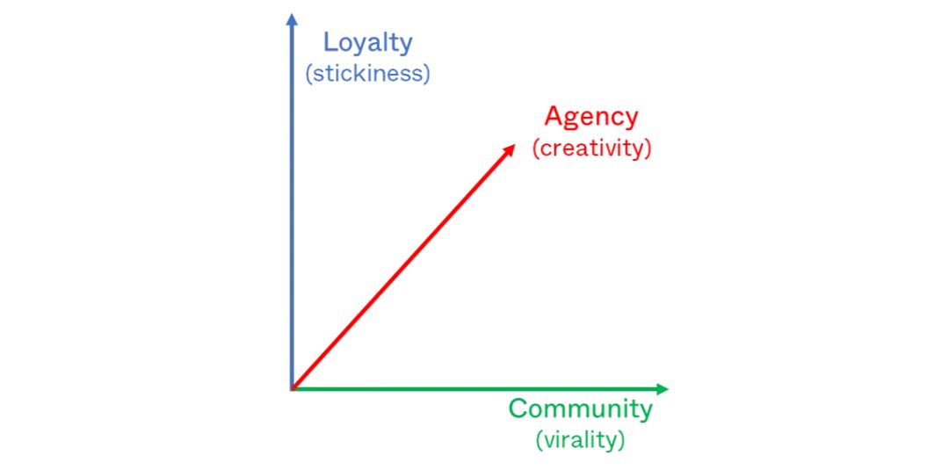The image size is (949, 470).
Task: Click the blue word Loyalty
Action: click(x=368, y=44)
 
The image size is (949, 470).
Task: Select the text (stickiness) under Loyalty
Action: click(x=368, y=74)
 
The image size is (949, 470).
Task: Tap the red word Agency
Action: click(x=591, y=118)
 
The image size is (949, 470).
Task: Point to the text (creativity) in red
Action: click(x=591, y=148)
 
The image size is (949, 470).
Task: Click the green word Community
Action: click(x=581, y=409)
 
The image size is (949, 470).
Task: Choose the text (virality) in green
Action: click(x=581, y=440)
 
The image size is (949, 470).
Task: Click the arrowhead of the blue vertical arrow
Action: click(x=292, y=19)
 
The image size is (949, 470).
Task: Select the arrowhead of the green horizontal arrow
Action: click(x=662, y=389)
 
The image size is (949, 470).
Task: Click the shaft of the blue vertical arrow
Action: click(x=292, y=206)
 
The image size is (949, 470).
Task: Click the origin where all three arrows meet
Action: click(x=293, y=389)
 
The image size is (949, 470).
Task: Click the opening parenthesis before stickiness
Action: click(x=308, y=74)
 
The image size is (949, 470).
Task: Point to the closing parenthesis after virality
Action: click(x=621, y=440)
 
